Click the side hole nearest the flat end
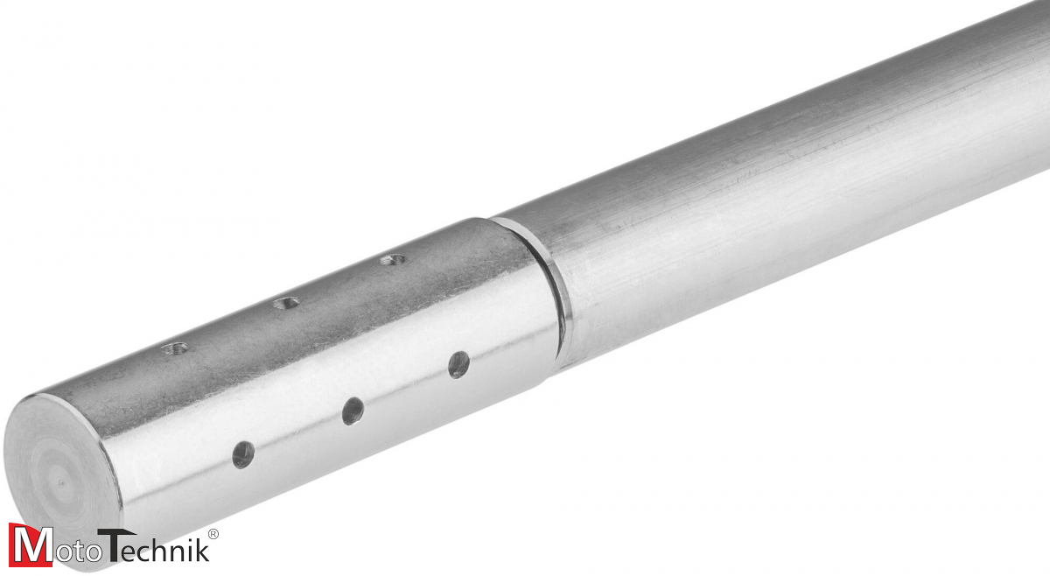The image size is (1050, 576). pyautogui.click(x=243, y=454)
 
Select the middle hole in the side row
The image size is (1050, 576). pyautogui.click(x=353, y=411)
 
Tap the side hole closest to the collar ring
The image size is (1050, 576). pyautogui.click(x=458, y=364)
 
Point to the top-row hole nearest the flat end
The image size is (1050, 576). pyautogui.click(x=175, y=348)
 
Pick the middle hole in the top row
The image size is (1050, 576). pyautogui.click(x=285, y=304)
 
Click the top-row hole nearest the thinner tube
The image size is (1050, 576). pyautogui.click(x=393, y=259)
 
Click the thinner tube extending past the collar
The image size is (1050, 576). pyautogui.click(x=787, y=201)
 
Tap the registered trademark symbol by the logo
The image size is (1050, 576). pyautogui.click(x=213, y=533)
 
